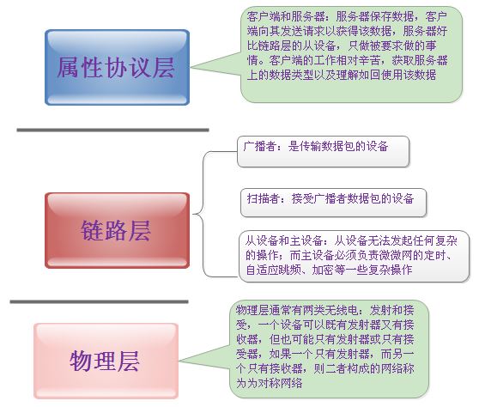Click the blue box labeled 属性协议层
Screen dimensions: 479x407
(118, 68)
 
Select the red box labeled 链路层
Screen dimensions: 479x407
(118, 230)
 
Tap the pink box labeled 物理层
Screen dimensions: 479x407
(106, 361)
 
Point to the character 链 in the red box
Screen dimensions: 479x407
(92, 231)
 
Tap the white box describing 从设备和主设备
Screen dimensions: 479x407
(354, 256)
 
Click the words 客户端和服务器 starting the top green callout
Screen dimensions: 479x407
(285, 16)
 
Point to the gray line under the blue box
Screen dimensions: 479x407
(112, 131)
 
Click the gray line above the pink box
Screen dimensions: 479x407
(99, 302)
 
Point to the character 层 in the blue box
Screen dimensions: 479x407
(164, 68)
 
